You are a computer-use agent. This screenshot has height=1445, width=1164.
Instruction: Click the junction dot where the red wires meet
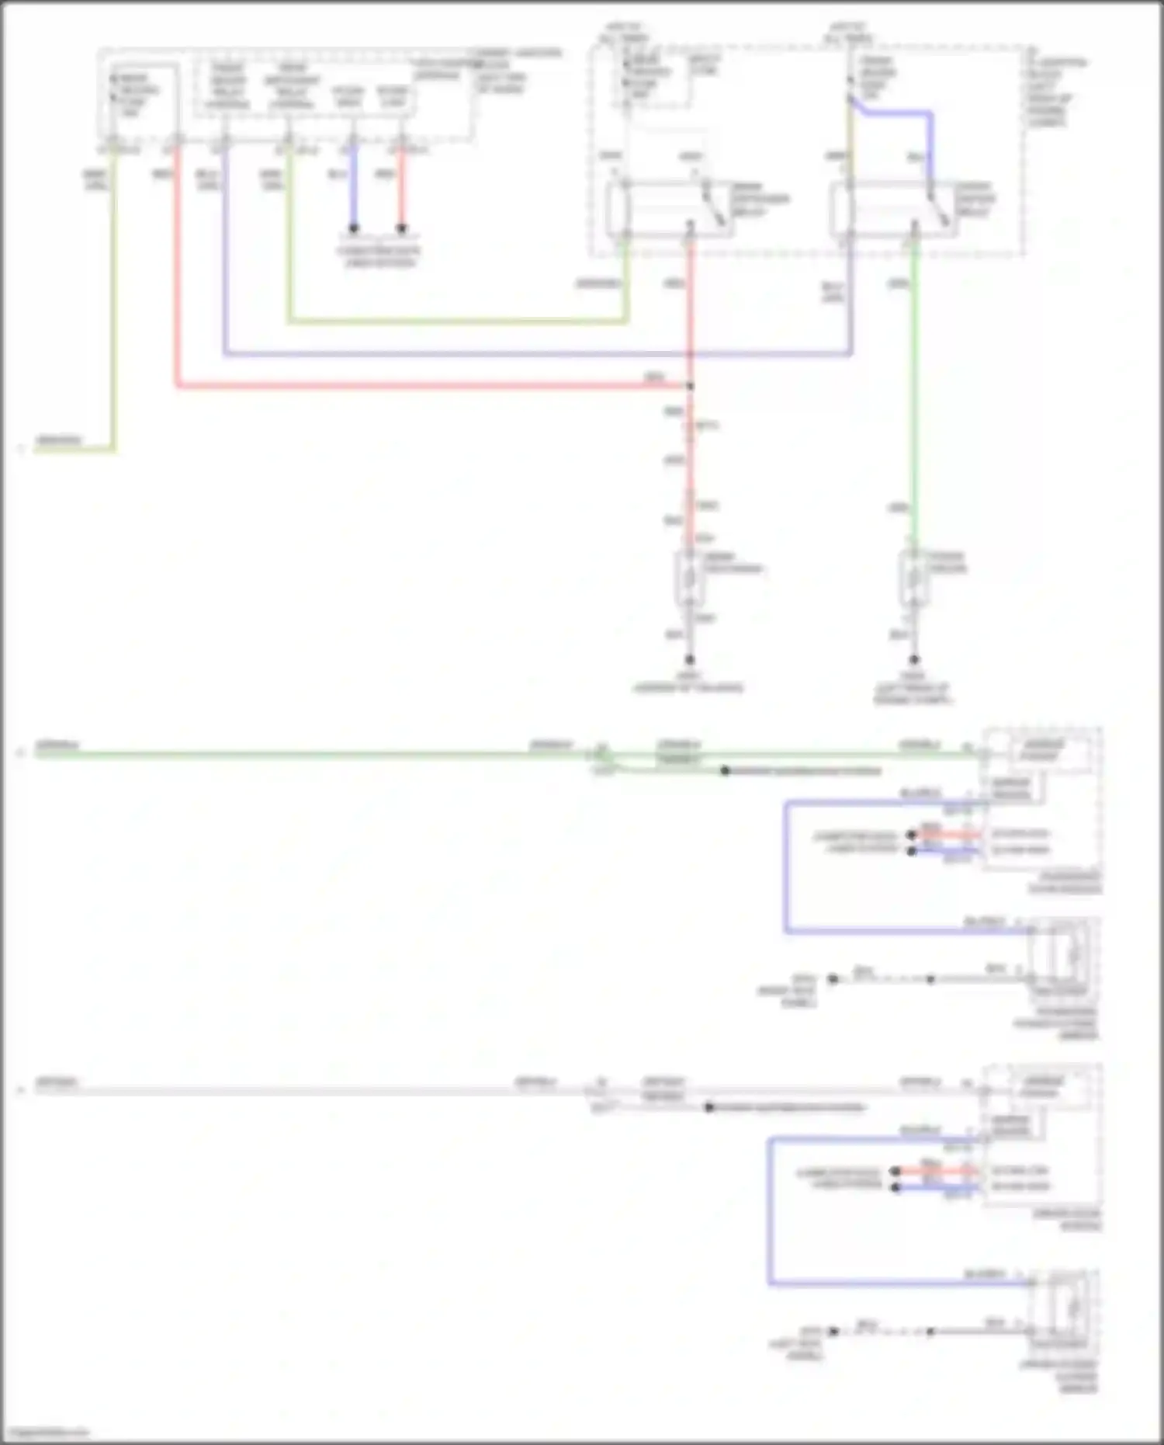pos(690,386)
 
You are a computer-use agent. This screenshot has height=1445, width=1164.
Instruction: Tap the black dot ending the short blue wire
pos(353,228)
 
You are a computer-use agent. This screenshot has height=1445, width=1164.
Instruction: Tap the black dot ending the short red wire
pos(401,228)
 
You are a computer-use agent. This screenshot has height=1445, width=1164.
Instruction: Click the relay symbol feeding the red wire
pos(667,208)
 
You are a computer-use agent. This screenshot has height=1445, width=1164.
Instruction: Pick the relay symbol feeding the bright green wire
pos(892,208)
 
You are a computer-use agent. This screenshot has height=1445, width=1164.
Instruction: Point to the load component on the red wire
pos(689,578)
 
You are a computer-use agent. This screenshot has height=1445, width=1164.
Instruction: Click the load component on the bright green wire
pos(913,578)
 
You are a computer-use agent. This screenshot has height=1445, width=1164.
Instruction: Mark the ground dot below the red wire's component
pos(689,660)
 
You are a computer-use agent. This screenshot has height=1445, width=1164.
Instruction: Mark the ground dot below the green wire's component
pos(914,660)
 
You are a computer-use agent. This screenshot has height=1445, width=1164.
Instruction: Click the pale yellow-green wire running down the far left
pos(114,311)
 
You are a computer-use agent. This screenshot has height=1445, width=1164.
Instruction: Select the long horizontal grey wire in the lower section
pos(310,1090)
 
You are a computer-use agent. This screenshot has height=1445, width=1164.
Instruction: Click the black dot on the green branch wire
pos(725,771)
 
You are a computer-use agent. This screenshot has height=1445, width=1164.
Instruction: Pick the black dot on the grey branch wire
pos(708,1107)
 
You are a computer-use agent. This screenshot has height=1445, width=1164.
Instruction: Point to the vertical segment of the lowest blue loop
pos(770,1211)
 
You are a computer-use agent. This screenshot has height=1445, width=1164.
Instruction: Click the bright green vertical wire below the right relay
pos(914,388)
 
